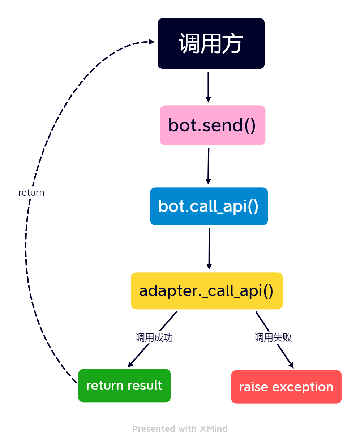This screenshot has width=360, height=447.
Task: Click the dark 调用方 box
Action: pos(211,43)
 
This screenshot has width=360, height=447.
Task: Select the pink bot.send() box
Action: pos(213,125)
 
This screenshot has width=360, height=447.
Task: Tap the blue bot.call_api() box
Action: pos(209,206)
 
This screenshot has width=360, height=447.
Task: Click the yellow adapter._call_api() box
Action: pos(206,291)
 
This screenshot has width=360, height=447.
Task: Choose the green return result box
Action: pos(124,386)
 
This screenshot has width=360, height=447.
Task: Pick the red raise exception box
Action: pos(286,387)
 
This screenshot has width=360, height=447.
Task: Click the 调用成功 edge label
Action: pos(154,337)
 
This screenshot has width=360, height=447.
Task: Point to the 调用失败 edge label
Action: pos(273,337)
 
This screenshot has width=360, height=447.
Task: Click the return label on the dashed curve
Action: pos(31,192)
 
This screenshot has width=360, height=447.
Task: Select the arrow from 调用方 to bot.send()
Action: pos(208,87)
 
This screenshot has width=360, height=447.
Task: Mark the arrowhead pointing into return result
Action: pos(130,365)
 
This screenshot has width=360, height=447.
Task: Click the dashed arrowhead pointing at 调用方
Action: pos(152,42)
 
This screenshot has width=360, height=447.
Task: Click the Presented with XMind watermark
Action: pos(180,429)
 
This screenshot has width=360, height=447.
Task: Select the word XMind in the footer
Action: pos(214,429)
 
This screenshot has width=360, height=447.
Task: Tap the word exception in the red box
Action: pos(303,387)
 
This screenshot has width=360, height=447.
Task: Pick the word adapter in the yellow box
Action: pos(168,291)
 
